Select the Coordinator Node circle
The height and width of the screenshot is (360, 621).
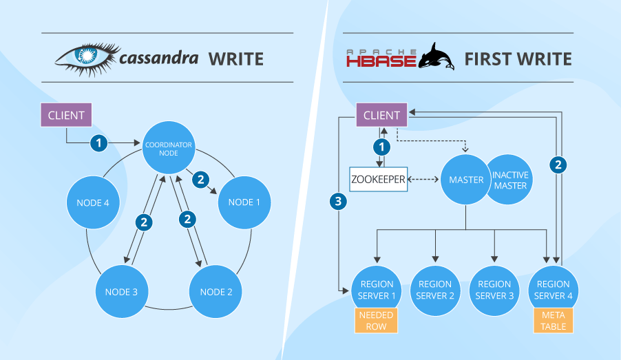click(169, 148)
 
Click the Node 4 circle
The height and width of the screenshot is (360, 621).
click(93, 202)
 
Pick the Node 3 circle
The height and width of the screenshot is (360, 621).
click(122, 291)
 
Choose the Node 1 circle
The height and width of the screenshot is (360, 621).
click(244, 202)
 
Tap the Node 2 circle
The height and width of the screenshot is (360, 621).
click(216, 291)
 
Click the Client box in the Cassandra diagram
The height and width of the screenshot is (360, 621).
click(66, 115)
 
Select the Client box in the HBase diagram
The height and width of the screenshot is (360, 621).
click(382, 115)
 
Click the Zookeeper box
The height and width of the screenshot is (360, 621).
click(378, 180)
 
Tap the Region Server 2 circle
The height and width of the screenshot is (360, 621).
click(435, 290)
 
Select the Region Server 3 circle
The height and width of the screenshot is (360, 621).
click(494, 290)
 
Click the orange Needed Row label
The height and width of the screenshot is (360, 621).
click(376, 321)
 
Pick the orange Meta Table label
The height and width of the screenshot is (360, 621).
click(554, 321)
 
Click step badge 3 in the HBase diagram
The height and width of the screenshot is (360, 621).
click(338, 202)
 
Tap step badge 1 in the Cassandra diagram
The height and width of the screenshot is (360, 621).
click(98, 143)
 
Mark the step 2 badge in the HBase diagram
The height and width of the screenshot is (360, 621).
click(558, 165)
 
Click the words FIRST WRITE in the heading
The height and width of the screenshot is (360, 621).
click(518, 59)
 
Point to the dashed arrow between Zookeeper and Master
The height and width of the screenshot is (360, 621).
click(423, 180)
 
